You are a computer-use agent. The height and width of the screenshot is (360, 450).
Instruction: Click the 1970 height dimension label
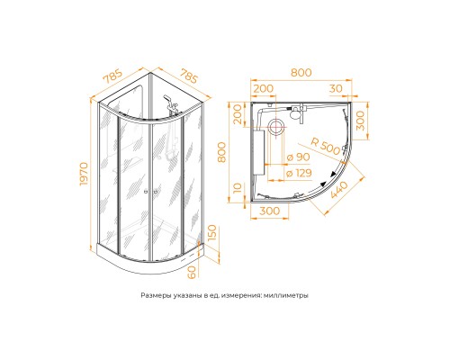pos(84,174)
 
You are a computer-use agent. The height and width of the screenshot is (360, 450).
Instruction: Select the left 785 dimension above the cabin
pos(112,76)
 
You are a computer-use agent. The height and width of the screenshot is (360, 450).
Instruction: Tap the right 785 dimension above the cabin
pos(189,76)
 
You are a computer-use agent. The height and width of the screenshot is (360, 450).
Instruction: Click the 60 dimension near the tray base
pos(192,272)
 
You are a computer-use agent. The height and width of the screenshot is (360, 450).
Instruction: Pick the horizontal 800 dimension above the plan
pos(301,73)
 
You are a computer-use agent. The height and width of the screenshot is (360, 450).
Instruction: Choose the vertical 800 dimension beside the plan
pos(221,152)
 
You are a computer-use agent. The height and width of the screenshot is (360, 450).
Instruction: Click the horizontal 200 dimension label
pos(264,88)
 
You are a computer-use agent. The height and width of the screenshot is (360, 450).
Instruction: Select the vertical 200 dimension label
pos(238,114)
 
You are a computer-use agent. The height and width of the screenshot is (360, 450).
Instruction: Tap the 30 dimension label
pos(336,88)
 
